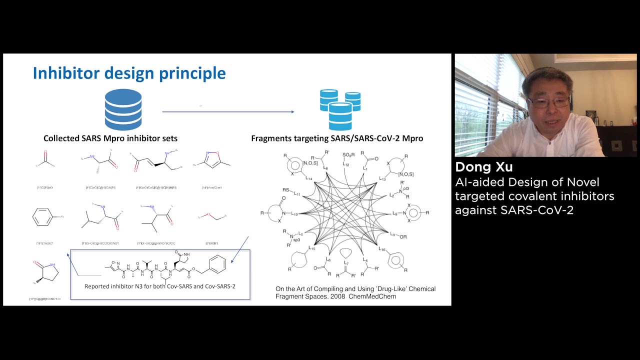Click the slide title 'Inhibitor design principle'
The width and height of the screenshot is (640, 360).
point(129,73)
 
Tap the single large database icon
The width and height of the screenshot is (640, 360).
point(123,110)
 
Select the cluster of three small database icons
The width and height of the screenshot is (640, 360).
point(340,109)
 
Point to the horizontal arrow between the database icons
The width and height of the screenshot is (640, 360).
point(228,112)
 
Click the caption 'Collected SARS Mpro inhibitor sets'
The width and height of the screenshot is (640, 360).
point(110,138)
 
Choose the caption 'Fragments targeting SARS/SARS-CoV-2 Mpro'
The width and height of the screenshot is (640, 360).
point(337,138)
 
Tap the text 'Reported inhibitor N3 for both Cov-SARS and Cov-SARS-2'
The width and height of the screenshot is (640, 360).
point(160,286)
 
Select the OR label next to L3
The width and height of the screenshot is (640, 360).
point(403,236)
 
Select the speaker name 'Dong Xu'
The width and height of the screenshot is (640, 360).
point(483,167)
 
